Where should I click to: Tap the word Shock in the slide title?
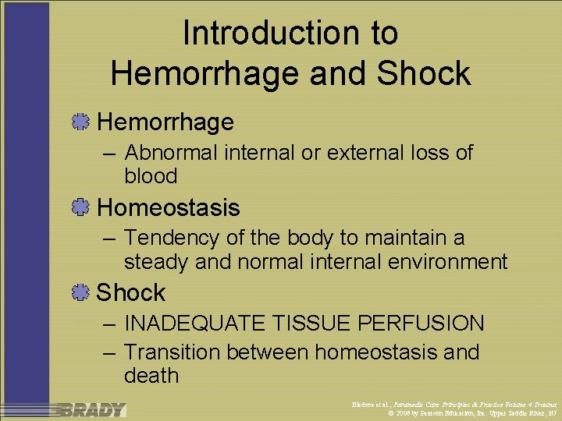coord(424,73)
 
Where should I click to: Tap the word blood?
coord(151,176)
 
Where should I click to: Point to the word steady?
coord(156,261)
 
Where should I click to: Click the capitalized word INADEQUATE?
coord(205,323)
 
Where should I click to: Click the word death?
coord(151,376)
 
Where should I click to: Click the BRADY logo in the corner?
coord(91,409)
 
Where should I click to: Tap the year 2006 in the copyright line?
coord(403,413)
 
